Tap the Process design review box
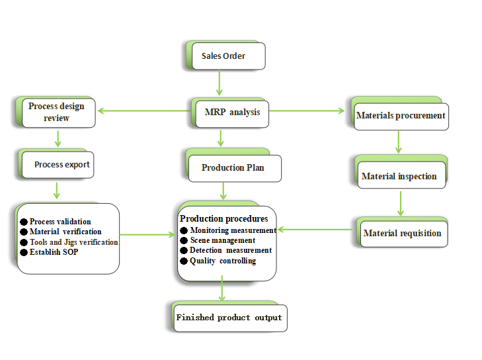(x=57, y=112)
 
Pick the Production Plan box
(x=233, y=168)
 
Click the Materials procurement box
(x=401, y=116)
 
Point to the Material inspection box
(x=399, y=177)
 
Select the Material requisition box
(x=402, y=234)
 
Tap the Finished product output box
(x=229, y=318)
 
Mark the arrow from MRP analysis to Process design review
(x=142, y=111)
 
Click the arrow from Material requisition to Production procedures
(x=315, y=230)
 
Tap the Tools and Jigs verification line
(x=73, y=242)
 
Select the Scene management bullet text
(x=222, y=240)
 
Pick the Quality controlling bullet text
(x=223, y=261)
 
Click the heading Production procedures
(x=223, y=218)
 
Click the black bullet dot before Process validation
(x=24, y=222)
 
